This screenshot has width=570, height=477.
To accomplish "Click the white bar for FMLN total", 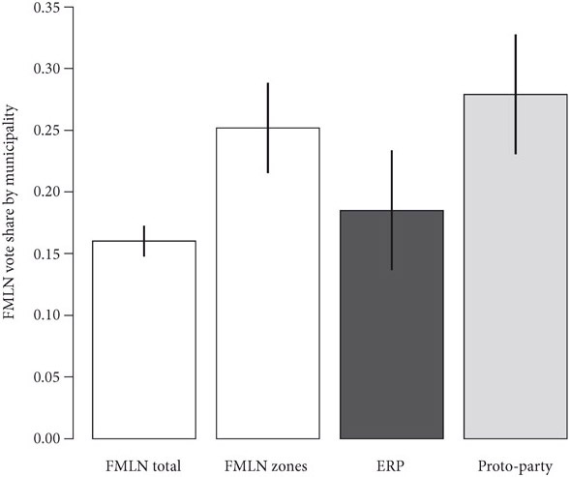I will (x=144, y=339).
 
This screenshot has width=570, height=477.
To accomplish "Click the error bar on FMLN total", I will (x=144, y=241).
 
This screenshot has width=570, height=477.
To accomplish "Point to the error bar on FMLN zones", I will (x=268, y=128).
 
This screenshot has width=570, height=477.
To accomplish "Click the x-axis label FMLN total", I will (x=144, y=466).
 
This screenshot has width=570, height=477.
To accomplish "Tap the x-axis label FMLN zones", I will (x=268, y=466).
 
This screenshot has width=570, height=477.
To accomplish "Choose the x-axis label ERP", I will (x=392, y=466).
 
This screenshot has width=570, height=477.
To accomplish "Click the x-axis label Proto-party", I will (x=516, y=466).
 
